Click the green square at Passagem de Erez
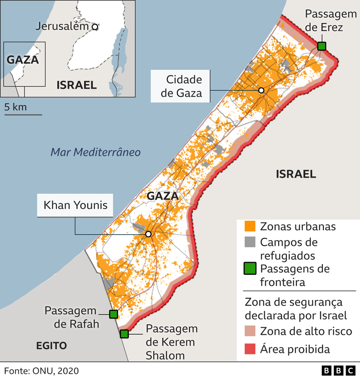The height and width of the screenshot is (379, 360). [321, 46]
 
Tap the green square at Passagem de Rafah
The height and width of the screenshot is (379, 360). [113, 314]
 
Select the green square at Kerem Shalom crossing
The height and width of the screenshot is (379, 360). [124, 334]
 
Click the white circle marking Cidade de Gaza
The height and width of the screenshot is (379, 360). [261, 90]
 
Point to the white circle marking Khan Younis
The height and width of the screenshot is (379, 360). [148, 234]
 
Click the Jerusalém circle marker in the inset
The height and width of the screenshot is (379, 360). [95, 27]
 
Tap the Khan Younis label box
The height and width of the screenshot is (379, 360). [75, 205]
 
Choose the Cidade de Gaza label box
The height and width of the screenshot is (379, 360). [181, 86]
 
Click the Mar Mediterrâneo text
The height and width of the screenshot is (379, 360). [95, 152]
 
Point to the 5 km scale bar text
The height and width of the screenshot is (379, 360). [16, 107]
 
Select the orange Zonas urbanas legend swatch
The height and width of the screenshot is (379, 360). [250, 227]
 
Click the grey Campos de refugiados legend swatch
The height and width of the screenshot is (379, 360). [250, 242]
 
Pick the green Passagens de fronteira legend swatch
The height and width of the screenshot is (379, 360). [250, 269]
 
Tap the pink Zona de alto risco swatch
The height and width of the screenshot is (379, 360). [250, 332]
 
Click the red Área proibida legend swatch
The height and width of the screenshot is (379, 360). [250, 349]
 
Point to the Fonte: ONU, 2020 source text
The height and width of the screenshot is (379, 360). [41, 371]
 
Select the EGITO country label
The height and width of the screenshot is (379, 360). [51, 345]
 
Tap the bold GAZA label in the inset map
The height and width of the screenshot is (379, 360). [22, 60]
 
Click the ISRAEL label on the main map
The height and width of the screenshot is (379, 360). [296, 174]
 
